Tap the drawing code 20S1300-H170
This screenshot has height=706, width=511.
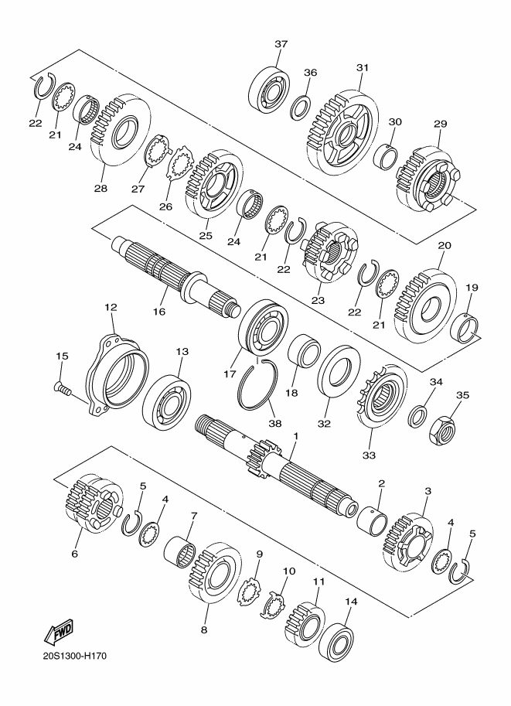(75, 656)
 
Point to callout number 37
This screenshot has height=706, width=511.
(281, 44)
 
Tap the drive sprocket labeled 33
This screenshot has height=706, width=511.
(381, 396)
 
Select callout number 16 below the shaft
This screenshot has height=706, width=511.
(159, 312)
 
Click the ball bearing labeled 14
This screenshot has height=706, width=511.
(336, 641)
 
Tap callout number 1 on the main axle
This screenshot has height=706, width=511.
(296, 436)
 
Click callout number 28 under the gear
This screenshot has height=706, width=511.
(100, 188)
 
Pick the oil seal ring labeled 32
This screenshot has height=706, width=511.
(339, 370)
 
